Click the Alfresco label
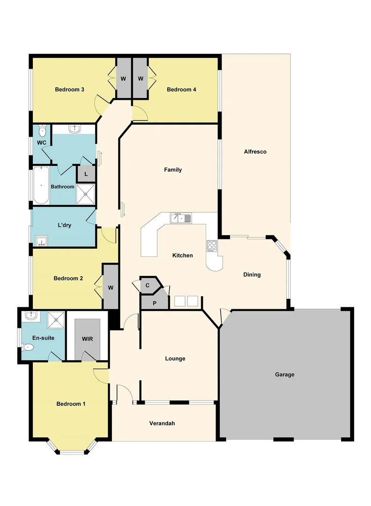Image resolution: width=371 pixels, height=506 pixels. click(255, 152)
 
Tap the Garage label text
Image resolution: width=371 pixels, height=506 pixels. click(284, 374)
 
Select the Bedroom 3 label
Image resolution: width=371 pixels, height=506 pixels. click(69, 89)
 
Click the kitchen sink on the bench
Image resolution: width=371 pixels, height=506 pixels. click(180, 218)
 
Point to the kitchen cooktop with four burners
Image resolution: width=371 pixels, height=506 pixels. click(212, 246)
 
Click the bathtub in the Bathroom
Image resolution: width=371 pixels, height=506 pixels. click(41, 186)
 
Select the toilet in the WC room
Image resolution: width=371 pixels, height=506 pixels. click(42, 130)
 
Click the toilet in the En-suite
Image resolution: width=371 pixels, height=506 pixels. click(28, 348)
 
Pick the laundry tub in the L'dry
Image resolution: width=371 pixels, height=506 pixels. click(42, 241)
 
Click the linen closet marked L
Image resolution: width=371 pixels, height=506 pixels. click(86, 174)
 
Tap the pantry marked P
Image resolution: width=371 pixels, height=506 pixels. click(155, 303)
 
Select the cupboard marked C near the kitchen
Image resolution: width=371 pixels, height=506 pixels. click(148, 285)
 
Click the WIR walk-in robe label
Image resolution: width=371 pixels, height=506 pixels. click(87, 339)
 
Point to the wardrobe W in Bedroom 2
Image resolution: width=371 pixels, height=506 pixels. click(111, 287)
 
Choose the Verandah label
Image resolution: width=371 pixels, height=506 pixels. click(162, 423)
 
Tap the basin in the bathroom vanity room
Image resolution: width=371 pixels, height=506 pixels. click(74, 129)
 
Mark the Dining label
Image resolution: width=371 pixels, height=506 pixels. click(252, 275)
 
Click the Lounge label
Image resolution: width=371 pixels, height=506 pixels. click(175, 358)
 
